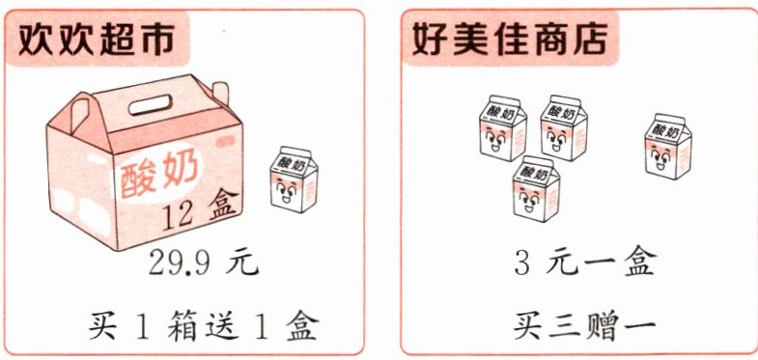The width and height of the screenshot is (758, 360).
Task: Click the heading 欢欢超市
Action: (97, 38)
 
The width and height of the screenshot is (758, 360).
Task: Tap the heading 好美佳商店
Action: (509, 38)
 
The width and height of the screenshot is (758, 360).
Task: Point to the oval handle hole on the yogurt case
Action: (151, 104)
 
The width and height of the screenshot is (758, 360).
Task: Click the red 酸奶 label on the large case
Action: (159, 177)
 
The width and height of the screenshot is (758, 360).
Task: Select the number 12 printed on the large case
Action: (178, 215)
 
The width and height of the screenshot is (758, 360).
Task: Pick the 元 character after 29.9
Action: (241, 263)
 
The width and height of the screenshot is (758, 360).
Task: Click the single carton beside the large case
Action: (294, 180)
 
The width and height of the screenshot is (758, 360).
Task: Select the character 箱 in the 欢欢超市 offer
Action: (182, 325)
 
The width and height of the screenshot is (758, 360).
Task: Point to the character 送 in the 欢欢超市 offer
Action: (223, 325)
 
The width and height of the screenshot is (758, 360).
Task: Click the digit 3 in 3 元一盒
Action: (522, 263)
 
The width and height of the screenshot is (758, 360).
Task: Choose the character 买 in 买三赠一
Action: (529, 326)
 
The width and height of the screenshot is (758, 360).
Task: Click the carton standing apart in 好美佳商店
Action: (668, 147)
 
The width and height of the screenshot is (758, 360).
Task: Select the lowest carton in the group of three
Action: (536, 188)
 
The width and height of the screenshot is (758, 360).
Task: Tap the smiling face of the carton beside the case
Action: (285, 191)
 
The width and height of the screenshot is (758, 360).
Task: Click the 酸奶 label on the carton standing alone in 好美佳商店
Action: (665, 129)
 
